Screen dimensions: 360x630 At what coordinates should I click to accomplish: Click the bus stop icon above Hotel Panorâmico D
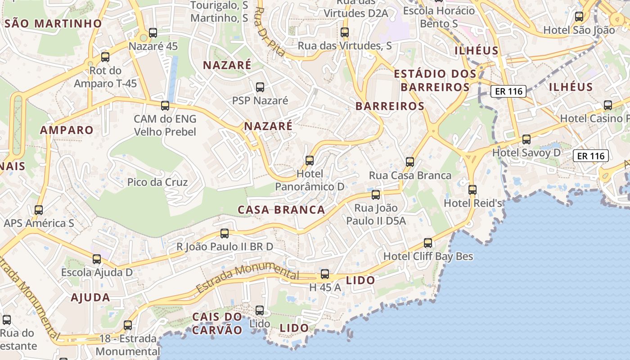[309, 160]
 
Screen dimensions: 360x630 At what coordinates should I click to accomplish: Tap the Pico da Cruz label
[157, 182]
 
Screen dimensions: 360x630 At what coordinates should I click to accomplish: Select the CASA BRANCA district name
[281, 210]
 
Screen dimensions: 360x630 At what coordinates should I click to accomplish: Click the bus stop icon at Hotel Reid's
[472, 190]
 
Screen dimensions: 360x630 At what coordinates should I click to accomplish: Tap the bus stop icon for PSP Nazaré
[260, 87]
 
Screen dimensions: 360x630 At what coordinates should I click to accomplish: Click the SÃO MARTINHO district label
[53, 23]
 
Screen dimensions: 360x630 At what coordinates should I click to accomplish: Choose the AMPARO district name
[67, 130]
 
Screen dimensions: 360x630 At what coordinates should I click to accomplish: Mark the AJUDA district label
[90, 297]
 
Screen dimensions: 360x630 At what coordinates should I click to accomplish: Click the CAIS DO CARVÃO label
[217, 323]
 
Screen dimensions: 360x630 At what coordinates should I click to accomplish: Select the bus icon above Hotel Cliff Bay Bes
[428, 243]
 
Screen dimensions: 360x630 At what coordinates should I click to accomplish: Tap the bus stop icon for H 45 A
[325, 274]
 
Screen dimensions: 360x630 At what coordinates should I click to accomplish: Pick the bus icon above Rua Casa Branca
[410, 162]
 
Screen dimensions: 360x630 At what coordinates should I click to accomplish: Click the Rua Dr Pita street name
[270, 31]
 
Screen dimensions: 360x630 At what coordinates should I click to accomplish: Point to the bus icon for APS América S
[39, 210]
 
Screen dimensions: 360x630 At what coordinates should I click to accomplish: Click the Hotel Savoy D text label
[526, 153]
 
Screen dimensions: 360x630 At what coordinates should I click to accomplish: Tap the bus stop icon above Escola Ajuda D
[97, 259]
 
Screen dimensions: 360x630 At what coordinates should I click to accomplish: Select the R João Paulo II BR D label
[225, 247]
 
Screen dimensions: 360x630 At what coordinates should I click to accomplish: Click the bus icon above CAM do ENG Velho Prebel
[165, 106]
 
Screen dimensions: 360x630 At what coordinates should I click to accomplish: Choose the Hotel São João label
[579, 30]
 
